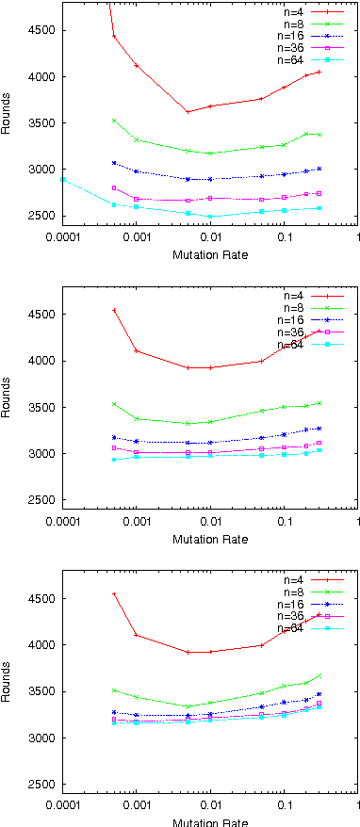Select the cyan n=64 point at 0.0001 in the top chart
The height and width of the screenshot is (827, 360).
coord(63,179)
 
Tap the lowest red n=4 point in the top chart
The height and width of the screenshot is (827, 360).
coord(188,112)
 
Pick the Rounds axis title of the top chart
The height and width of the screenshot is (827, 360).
coord(8,122)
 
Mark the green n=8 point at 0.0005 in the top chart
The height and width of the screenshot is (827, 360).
coord(114,121)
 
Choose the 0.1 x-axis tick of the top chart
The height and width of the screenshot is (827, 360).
coord(284,235)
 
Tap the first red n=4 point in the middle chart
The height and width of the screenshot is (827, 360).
coord(114,310)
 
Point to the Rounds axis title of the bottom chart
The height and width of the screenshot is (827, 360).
coord(8,690)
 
